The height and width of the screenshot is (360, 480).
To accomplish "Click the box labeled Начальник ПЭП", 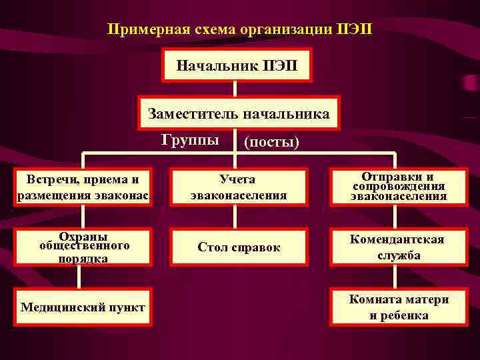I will coord(238,65).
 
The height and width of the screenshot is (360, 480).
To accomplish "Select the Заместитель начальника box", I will coord(238,113).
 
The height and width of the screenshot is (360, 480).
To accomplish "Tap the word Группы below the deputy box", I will coord(190,139).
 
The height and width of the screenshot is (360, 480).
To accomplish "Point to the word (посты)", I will coord(272,142).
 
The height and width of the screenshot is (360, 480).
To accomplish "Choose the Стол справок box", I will coord(238,247).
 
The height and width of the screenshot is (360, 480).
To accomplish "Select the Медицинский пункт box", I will coord(83,307).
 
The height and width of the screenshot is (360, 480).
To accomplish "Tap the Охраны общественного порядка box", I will coord(83,247).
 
